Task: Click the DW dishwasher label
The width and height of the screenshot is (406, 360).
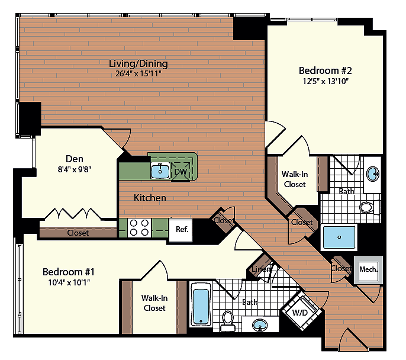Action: coord(181,172)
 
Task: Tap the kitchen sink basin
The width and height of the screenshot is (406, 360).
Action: coord(160,171)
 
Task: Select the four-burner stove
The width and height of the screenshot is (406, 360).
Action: coord(139,228)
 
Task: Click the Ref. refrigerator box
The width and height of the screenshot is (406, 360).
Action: coord(181,230)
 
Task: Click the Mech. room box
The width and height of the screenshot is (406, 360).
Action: coord(369,270)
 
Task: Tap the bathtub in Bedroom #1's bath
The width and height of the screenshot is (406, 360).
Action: coord(201,305)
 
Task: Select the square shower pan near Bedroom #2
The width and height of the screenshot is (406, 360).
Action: coord(339,237)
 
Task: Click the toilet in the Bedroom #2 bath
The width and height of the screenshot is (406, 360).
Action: coord(369,207)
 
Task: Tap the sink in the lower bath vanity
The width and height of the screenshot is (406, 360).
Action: coord(260,325)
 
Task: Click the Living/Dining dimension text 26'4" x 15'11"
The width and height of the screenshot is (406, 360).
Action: coord(138,74)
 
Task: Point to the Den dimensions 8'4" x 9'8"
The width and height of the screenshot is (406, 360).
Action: coord(75,170)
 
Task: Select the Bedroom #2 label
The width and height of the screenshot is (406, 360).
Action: coord(326,70)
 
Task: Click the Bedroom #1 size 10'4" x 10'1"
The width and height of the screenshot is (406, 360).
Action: coord(69,282)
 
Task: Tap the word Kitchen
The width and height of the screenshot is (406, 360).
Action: coord(150,198)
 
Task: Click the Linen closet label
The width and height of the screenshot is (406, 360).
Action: coord(261,269)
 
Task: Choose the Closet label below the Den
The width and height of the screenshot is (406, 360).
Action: coord(78,233)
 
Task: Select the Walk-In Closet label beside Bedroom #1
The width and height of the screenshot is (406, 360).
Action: coord(154,303)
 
